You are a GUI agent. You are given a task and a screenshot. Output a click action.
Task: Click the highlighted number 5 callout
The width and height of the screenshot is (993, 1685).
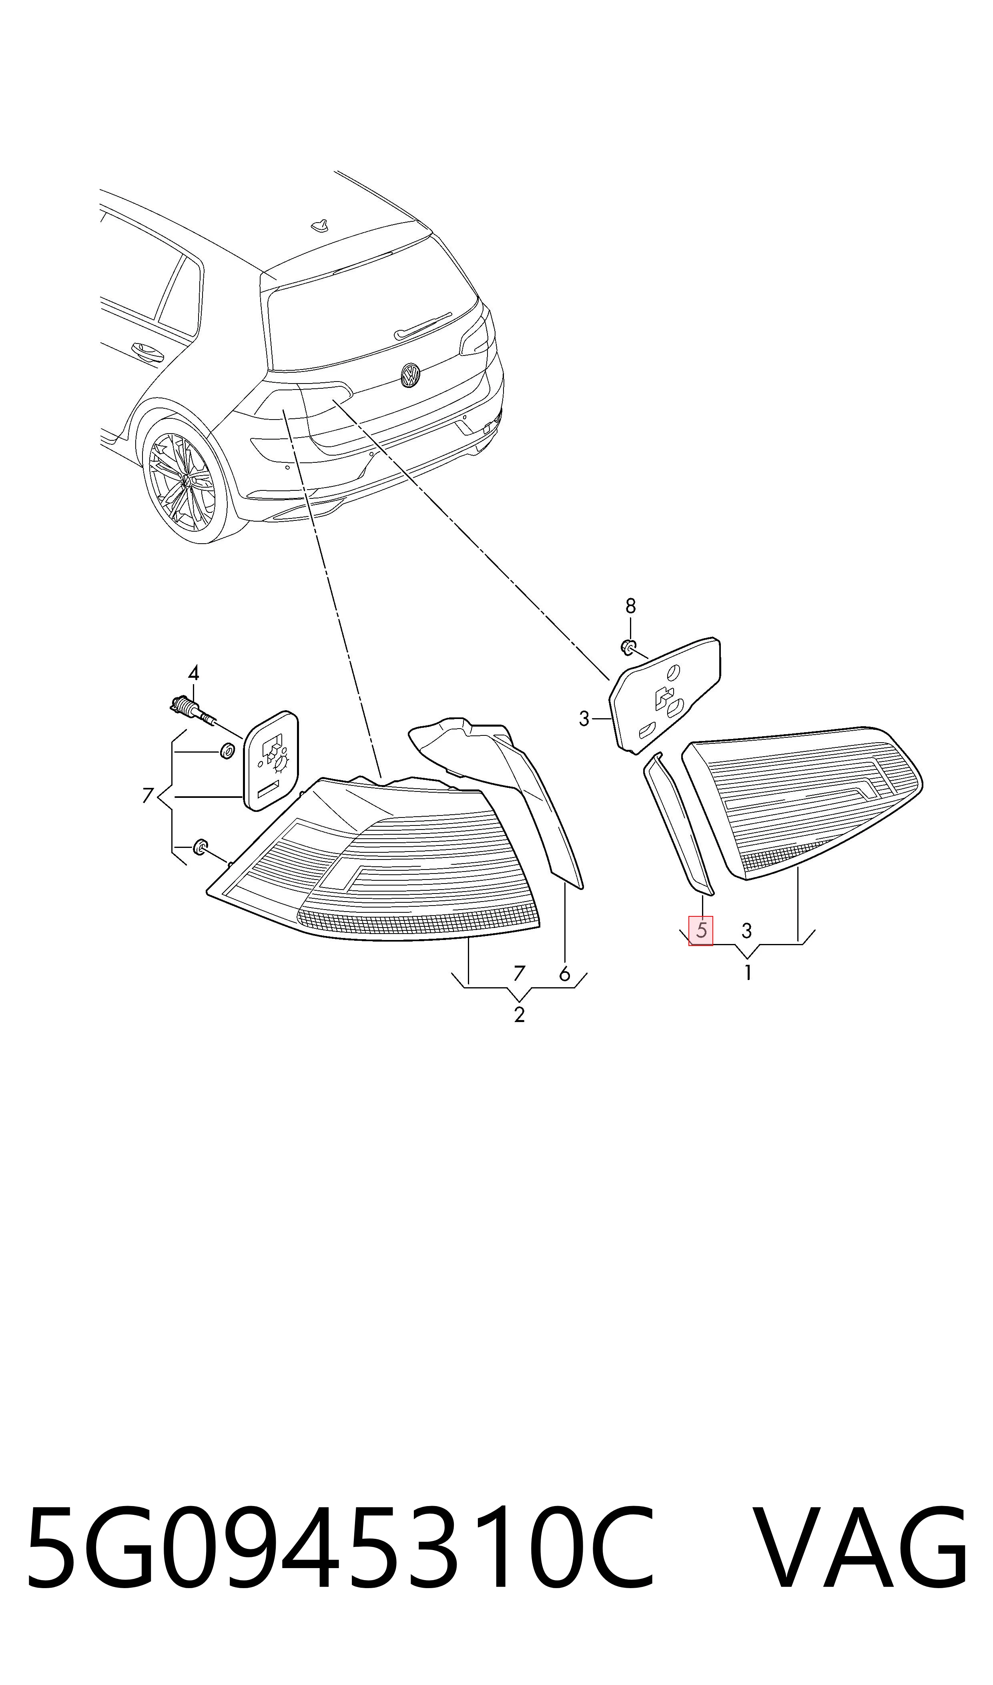700,930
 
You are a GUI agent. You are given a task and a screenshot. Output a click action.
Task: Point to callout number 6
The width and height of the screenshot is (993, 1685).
565,974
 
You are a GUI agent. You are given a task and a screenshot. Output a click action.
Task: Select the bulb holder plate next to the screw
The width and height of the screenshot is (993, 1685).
270,761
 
